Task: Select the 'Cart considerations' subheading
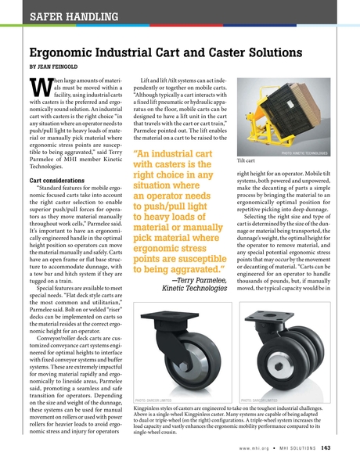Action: tap(54, 179)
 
